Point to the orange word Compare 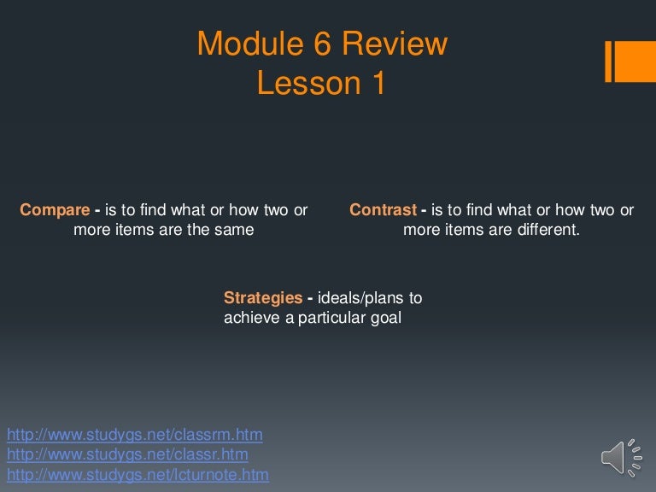(x=55, y=210)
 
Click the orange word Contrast (x=383, y=210)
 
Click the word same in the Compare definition (x=235, y=230)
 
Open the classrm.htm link (x=134, y=435)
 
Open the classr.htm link (x=127, y=454)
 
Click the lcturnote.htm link (x=138, y=474)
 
